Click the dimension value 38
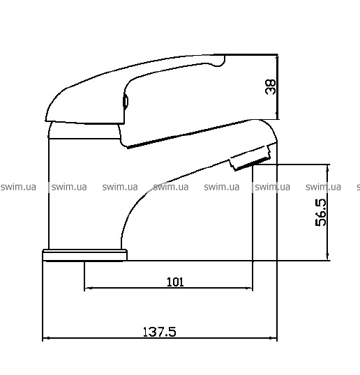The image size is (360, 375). pyautogui.click(x=271, y=87)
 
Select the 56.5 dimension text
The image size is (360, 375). pyautogui.click(x=321, y=212)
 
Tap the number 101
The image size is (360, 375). pyautogui.click(x=175, y=282)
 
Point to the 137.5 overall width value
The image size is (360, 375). pyautogui.click(x=159, y=332)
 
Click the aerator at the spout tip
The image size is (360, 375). pyautogui.click(x=250, y=158)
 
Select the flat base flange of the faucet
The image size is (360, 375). pyautogui.click(x=84, y=255)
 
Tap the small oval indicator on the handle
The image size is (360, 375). pyautogui.click(x=126, y=102)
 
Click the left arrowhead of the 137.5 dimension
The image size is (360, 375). pyautogui.click(x=46, y=338)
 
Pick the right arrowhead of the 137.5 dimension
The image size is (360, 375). pyautogui.click(x=273, y=338)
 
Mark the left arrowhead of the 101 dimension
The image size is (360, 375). pyautogui.click(x=88, y=288)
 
